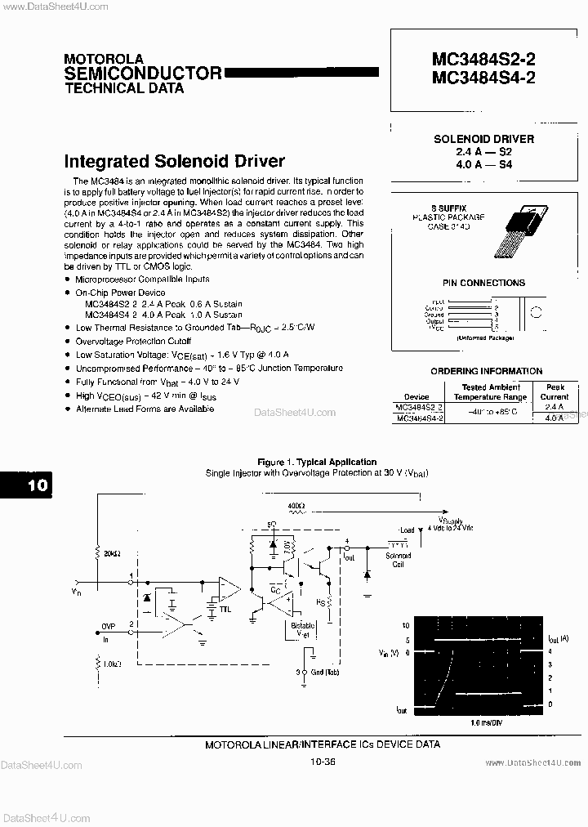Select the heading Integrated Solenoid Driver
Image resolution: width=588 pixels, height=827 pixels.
click(174, 161)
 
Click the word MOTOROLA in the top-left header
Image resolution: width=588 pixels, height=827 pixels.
click(104, 60)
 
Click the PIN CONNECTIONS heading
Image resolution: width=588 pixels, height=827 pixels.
click(483, 284)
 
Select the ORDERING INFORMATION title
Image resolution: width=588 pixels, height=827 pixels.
click(486, 371)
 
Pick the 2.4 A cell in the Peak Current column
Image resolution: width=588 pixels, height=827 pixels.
click(553, 406)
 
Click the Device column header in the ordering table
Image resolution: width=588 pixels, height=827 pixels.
click(416, 398)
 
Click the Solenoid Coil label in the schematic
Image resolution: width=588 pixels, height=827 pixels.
click(399, 560)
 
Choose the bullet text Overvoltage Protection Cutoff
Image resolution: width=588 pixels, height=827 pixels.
click(133, 341)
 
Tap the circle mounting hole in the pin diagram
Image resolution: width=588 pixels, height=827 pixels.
click(537, 312)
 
